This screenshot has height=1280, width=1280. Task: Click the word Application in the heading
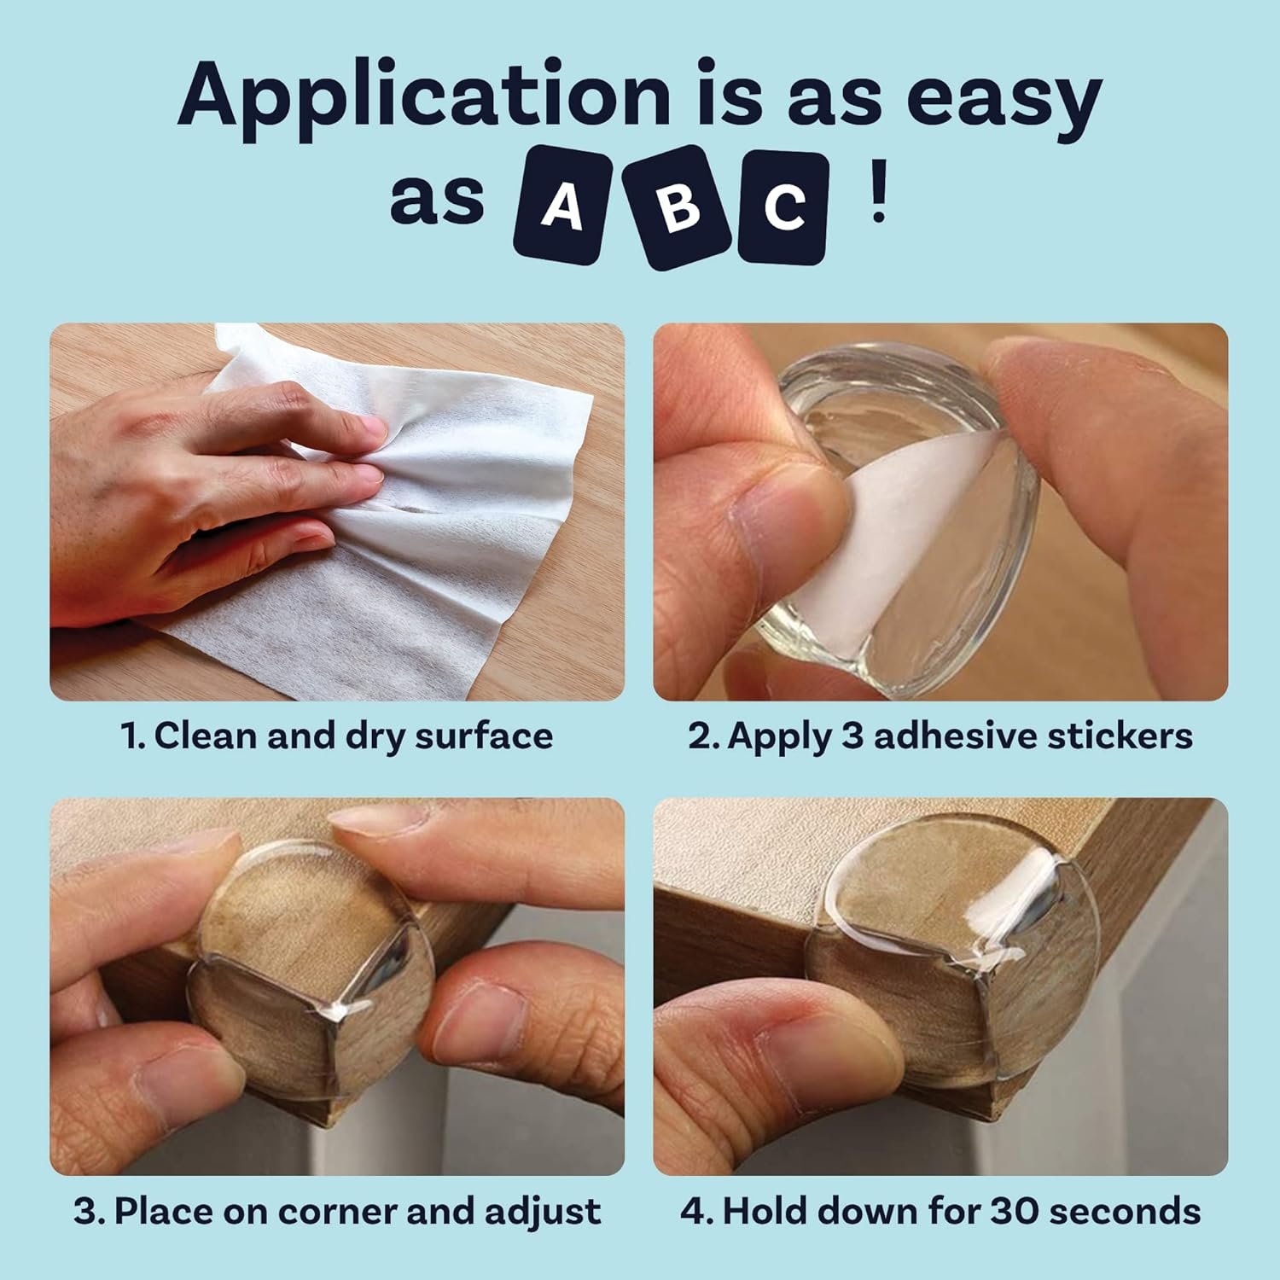pos(424,96)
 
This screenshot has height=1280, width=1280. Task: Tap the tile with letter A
pos(562,205)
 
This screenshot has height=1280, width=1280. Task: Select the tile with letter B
pos(678,207)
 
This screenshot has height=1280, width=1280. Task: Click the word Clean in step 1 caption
pos(205,736)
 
